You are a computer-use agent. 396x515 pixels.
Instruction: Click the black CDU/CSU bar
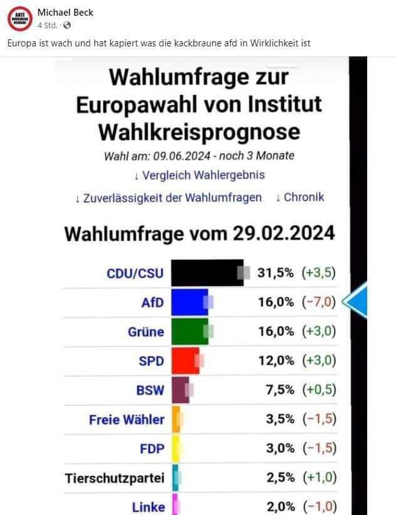[207, 273]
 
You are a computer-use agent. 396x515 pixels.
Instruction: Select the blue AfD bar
[189, 303]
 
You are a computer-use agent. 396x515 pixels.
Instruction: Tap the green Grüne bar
[189, 331]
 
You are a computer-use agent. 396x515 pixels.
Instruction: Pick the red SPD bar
[185, 360]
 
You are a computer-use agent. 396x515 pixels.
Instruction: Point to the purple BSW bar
[180, 390]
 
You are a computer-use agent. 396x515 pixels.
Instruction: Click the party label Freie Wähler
[127, 419]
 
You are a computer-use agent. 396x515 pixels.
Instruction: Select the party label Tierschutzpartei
[115, 479]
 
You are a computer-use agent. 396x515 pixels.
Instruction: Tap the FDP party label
[152, 449]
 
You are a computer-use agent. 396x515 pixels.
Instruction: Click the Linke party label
[148, 507]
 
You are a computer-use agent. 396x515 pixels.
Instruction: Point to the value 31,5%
[276, 273]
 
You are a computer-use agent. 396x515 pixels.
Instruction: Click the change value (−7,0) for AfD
[319, 303]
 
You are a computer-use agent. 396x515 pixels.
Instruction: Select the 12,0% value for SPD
[276, 360]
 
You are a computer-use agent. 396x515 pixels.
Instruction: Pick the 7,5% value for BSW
[280, 390]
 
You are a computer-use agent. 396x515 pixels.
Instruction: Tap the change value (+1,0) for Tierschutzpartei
[319, 479]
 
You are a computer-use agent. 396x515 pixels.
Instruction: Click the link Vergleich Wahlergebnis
[199, 175]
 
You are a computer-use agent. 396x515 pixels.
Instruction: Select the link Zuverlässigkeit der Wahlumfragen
[168, 197]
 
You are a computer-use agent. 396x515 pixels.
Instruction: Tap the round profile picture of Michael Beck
[19, 18]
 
